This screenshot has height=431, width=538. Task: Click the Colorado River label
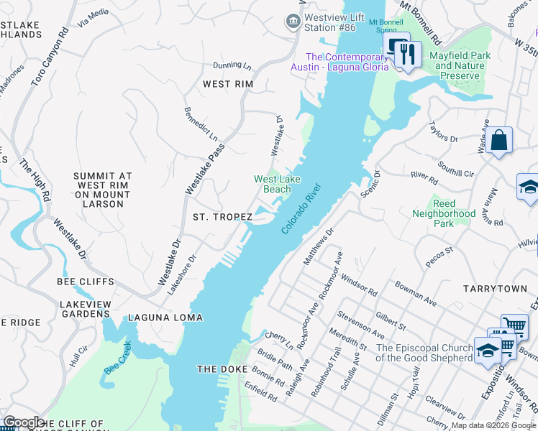[x=300, y=208]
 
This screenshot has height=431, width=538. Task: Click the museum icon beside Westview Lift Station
[x=293, y=22]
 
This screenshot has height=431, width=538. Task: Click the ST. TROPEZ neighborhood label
[x=222, y=217]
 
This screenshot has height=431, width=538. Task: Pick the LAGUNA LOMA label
[x=165, y=318]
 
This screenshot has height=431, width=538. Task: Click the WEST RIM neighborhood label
[x=227, y=84]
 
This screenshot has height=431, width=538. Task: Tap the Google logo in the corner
[x=24, y=422]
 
